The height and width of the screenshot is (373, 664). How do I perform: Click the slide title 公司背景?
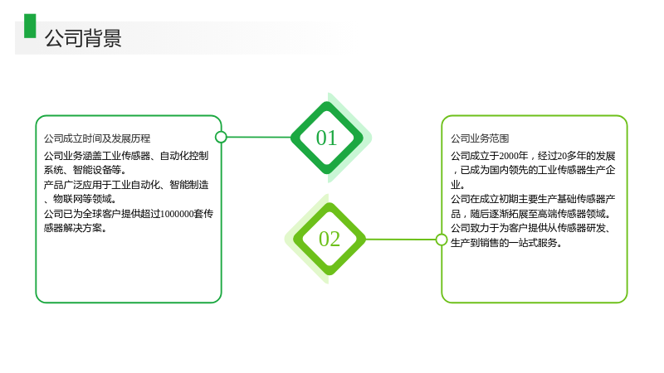click(83, 38)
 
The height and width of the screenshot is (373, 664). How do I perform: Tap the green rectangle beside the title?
click(30, 26)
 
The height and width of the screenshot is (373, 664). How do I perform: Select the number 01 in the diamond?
click(326, 138)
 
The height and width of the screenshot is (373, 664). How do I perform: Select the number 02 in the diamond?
click(329, 239)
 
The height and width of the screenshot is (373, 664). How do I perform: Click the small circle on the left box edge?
click(221, 137)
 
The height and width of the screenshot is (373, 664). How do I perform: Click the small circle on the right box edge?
click(442, 240)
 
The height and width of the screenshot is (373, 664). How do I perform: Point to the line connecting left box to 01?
click(259, 137)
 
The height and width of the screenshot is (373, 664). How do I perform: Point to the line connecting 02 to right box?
click(401, 240)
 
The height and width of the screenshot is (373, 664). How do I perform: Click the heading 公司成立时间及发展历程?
click(97, 138)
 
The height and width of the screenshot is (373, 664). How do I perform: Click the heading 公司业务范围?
click(480, 138)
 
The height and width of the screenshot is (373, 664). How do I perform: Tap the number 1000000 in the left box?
click(177, 214)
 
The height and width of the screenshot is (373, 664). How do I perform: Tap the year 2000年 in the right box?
click(513, 156)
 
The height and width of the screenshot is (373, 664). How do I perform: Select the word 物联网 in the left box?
click(67, 199)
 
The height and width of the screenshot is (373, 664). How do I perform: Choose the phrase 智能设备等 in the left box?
click(97, 170)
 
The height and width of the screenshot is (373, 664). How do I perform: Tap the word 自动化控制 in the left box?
click(183, 156)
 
